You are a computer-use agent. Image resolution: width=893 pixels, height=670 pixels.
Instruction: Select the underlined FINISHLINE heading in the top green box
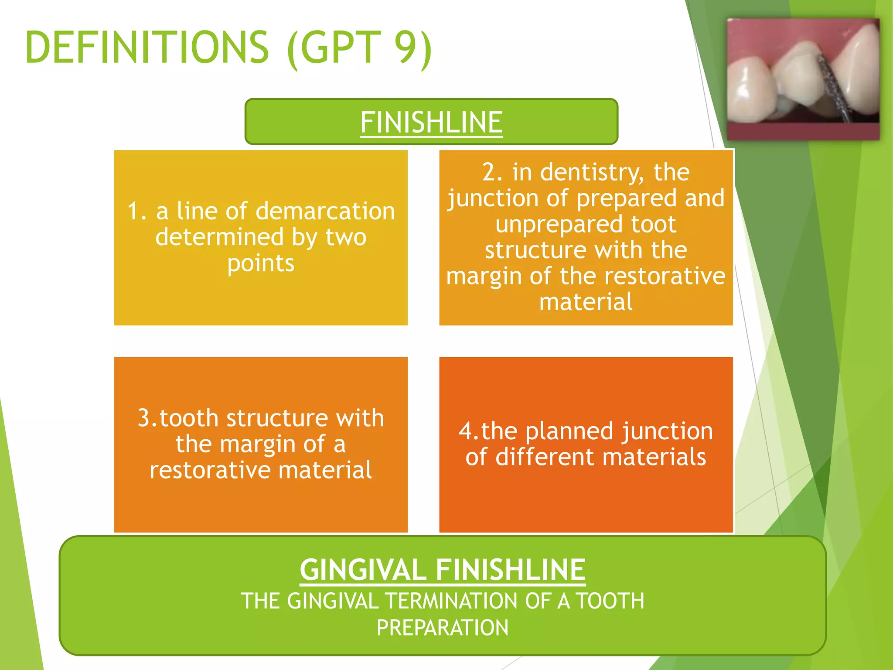coord(431,122)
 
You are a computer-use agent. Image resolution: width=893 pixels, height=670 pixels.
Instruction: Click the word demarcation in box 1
coord(325,211)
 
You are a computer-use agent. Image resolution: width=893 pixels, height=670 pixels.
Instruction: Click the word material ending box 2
coord(586,302)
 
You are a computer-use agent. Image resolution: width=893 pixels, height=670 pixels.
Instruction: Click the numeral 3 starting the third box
coord(144,418)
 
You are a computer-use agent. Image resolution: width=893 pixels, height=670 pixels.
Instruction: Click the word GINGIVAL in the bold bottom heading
coord(363,570)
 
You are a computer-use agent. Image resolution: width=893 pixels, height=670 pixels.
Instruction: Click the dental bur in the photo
coord(833,87)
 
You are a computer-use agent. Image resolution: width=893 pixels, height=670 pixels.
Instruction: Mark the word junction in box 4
coord(668,432)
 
